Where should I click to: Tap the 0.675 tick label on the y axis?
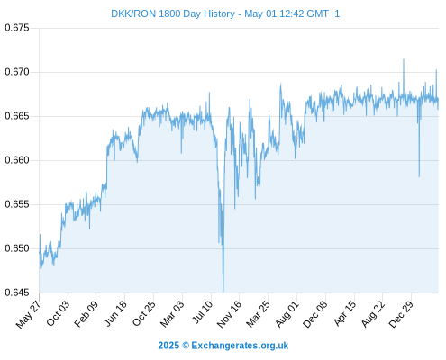click(x=17, y=28)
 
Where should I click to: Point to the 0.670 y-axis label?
click(x=17, y=72)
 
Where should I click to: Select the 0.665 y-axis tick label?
click(x=17, y=116)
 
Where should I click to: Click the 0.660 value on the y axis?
click(x=17, y=160)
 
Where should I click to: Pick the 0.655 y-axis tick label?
click(x=17, y=204)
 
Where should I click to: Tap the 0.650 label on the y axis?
click(x=17, y=248)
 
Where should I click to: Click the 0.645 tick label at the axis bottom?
click(x=17, y=292)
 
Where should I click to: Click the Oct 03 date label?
click(x=58, y=313)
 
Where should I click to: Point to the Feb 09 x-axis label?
click(x=86, y=313)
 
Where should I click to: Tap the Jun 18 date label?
click(x=115, y=313)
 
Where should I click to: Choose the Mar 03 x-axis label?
click(x=172, y=313)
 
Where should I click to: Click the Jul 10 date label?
click(x=203, y=312)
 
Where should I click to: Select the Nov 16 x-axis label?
click(x=229, y=314)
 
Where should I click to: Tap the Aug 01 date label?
click(x=287, y=313)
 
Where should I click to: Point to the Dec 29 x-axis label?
click(x=401, y=314)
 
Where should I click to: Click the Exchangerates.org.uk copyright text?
click(x=223, y=346)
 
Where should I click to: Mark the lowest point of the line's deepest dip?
click(x=223, y=291)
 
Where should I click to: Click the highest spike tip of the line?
click(x=404, y=59)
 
